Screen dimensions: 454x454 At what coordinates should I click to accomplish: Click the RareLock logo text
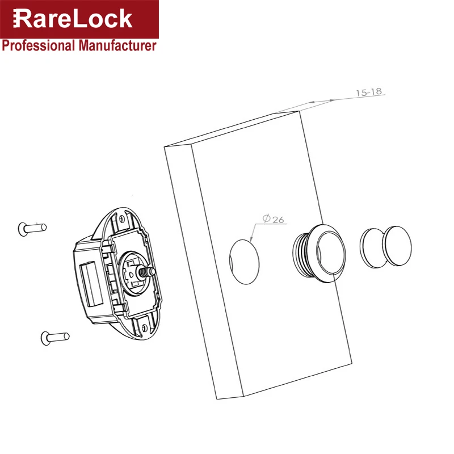[x=73, y=19]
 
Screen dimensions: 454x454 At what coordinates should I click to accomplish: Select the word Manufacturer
[x=117, y=46]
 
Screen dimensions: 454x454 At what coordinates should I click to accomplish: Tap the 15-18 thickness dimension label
[x=368, y=93]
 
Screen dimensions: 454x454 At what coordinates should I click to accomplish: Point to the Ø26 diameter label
[x=274, y=219]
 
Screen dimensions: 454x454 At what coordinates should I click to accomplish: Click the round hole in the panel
[x=244, y=262]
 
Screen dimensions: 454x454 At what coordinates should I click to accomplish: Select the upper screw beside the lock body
[x=32, y=229]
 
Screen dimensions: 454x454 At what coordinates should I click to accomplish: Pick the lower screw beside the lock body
[x=55, y=338]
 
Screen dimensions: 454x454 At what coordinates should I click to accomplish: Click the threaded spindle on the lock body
[x=147, y=272]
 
